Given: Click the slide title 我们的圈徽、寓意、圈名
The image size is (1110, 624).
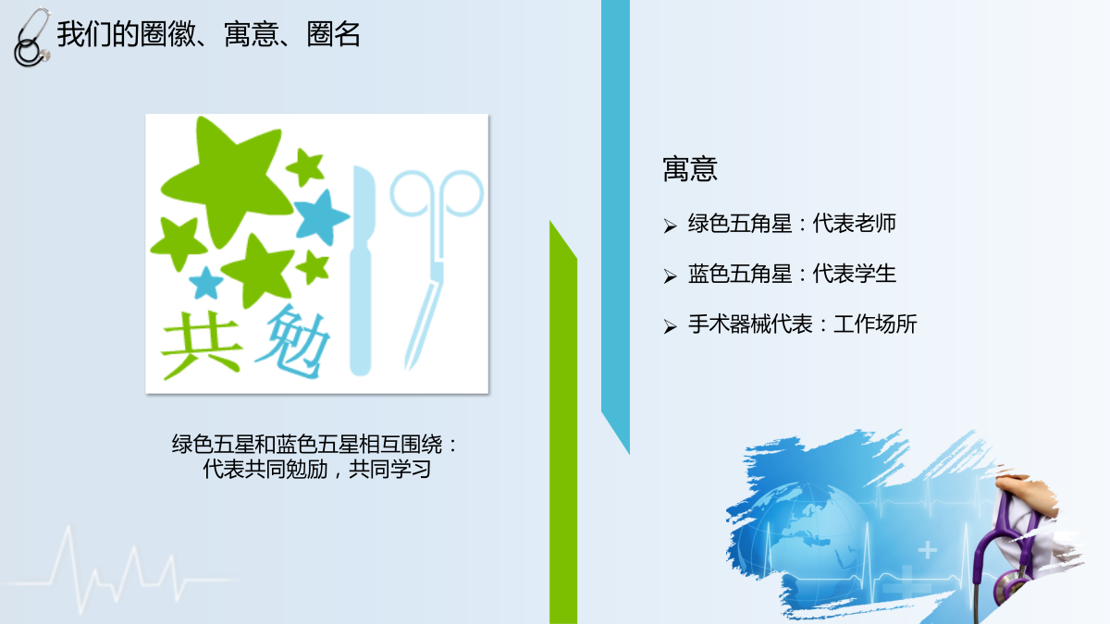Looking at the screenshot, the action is pos(209,34).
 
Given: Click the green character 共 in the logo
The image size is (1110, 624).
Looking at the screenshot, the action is pos(202,345).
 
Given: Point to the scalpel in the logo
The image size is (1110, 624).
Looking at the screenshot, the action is pos(362,270).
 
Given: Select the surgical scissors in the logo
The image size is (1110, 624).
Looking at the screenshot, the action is pos(434,263).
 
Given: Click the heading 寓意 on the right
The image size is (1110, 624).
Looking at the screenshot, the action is pos(690,169).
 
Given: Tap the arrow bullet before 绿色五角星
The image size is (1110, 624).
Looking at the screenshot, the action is pos(670,226).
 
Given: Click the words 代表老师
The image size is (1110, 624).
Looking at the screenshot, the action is pos(854,224).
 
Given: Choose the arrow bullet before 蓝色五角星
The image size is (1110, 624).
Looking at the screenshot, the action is pos(670,275).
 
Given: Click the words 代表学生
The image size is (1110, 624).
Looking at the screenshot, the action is pos(854,274).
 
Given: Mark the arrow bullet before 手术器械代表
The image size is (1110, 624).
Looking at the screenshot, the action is pos(670,326).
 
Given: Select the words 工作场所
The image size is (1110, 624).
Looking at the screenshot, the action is pos(875,324).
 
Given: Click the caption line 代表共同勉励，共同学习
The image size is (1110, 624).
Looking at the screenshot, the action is pos(316,469).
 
